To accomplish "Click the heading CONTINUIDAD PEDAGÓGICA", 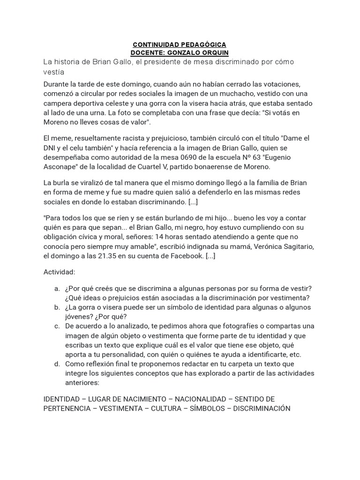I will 180,45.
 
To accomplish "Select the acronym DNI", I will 50,148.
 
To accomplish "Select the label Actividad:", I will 59,272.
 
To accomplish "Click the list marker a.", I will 56,288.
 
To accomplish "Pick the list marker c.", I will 56,326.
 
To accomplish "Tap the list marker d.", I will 56,364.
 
